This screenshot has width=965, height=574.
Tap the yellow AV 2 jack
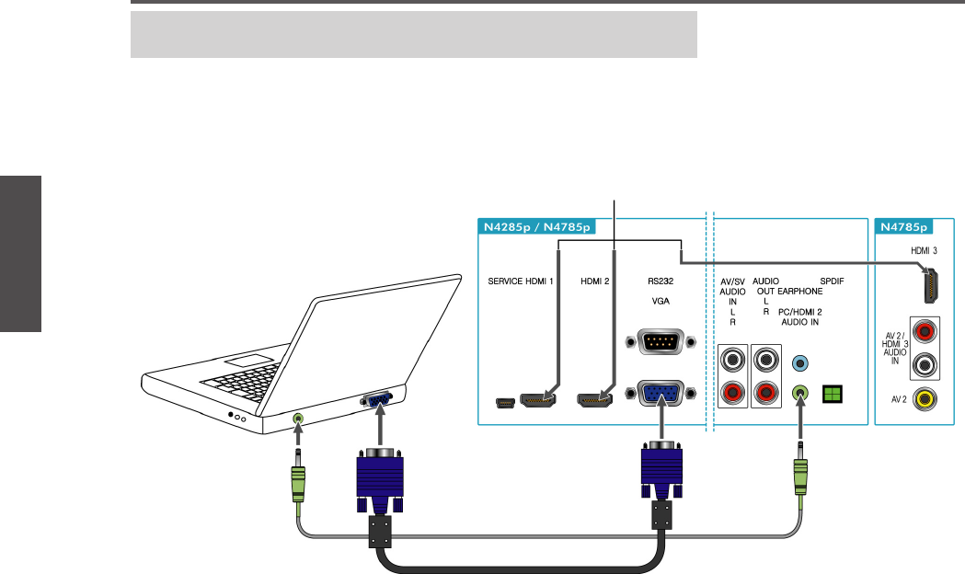[x=923, y=398]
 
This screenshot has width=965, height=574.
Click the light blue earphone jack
[x=800, y=362]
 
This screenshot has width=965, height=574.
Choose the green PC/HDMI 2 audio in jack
[x=800, y=395]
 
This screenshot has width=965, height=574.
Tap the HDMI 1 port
[x=535, y=400]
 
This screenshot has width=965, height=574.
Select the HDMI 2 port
[x=593, y=400]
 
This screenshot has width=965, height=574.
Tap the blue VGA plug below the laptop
[x=379, y=478]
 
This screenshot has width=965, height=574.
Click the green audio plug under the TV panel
[x=800, y=477]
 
